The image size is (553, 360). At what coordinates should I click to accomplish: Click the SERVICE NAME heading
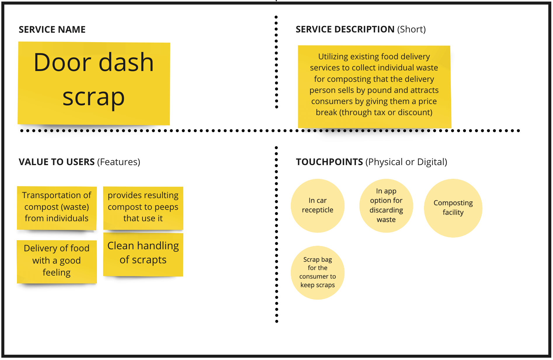(52, 30)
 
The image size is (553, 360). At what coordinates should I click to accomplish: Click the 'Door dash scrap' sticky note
(94, 84)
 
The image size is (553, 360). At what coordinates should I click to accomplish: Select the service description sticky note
(374, 87)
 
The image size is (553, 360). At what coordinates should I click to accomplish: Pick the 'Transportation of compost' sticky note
(57, 208)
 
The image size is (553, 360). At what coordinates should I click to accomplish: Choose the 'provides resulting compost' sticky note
(143, 208)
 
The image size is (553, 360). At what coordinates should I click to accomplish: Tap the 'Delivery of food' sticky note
(57, 262)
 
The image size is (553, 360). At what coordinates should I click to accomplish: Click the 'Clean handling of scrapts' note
(143, 254)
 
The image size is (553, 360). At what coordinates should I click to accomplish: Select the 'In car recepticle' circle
(318, 206)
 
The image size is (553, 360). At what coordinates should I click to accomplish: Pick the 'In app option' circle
(386, 206)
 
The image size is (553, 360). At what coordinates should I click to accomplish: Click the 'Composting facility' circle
(453, 208)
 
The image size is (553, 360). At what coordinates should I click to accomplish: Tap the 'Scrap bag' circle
(318, 273)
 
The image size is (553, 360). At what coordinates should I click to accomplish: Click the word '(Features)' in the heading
(119, 162)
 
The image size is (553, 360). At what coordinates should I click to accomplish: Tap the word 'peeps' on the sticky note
(166, 207)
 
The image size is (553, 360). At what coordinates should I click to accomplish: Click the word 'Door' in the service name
(63, 62)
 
